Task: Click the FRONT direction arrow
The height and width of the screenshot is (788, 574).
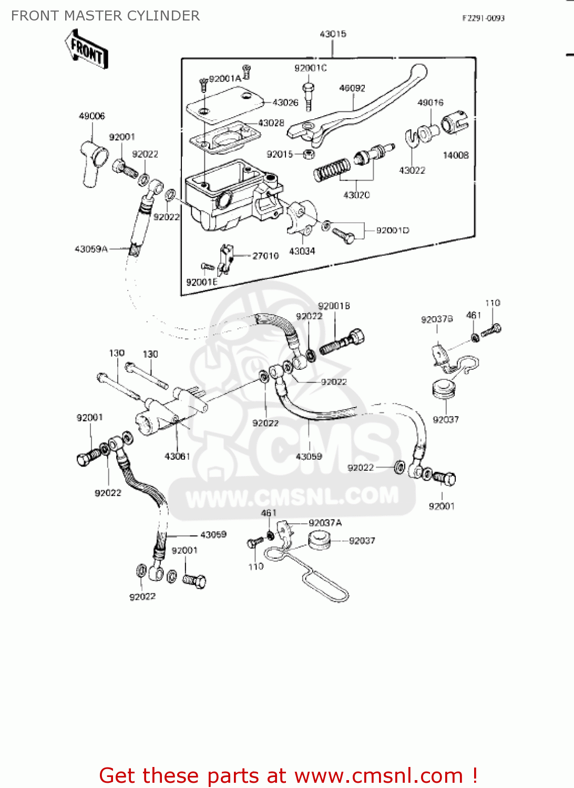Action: tap(87, 50)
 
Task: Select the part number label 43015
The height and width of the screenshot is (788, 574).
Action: tap(333, 34)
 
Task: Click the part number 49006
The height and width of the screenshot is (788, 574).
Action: tap(91, 116)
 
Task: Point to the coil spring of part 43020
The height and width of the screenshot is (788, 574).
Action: tap(332, 170)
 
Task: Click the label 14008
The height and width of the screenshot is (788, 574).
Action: tap(455, 155)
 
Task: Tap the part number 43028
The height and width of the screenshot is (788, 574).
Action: tap(271, 123)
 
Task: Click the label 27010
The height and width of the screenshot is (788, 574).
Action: tap(265, 256)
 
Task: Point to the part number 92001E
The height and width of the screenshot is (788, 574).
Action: tap(201, 282)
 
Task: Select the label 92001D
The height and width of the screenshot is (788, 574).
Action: tap(392, 231)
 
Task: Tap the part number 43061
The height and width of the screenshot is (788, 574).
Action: tap(177, 457)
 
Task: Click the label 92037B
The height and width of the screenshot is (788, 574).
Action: tap(436, 319)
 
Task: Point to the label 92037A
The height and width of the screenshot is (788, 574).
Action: tap(325, 523)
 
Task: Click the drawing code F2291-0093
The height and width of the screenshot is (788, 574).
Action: tap(483, 18)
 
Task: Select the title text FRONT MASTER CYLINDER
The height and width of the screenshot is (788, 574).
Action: tap(105, 16)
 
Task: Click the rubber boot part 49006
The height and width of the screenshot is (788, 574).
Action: tap(94, 161)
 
